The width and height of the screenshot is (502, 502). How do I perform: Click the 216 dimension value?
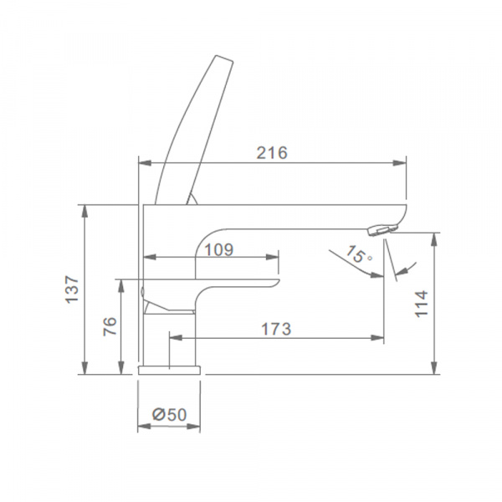pyautogui.click(x=272, y=153)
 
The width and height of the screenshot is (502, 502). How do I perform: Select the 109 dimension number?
pyautogui.click(x=219, y=249)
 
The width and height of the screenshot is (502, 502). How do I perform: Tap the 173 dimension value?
pyautogui.click(x=276, y=329)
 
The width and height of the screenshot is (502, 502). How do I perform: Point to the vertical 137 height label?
pyautogui.click(x=72, y=289)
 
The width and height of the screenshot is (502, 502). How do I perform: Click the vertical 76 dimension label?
pyautogui.click(x=110, y=326)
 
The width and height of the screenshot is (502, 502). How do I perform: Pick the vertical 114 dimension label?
pyautogui.click(x=422, y=304)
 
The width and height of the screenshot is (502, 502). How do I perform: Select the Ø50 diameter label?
pyautogui.click(x=169, y=415)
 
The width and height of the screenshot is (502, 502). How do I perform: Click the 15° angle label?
pyautogui.click(x=359, y=254)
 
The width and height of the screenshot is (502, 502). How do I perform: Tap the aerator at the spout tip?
pyautogui.click(x=383, y=231)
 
